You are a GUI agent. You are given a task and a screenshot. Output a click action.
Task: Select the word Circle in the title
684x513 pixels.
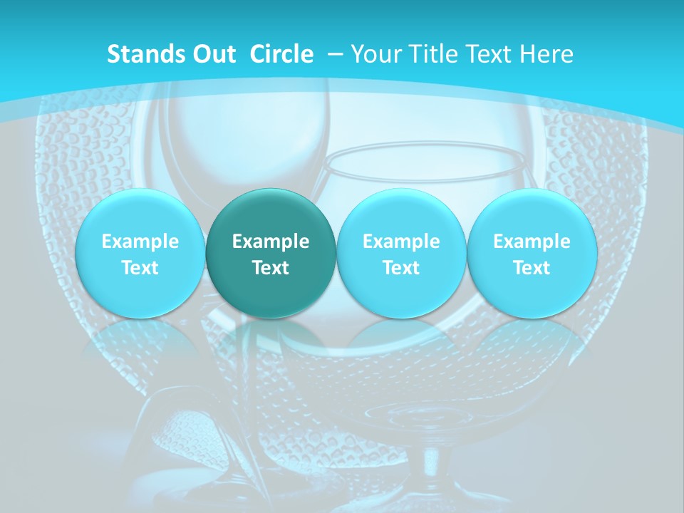281,54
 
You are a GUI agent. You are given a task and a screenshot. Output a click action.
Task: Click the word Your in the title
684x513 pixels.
376,54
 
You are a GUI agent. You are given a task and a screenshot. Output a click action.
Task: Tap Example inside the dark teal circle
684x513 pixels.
271,242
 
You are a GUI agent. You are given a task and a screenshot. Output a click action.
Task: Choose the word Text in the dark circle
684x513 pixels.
271,268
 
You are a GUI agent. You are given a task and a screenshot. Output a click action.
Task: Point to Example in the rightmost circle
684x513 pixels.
532,242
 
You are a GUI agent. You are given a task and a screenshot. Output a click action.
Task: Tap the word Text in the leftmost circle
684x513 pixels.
140,268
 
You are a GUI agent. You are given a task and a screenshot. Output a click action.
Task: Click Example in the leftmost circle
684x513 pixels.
140,242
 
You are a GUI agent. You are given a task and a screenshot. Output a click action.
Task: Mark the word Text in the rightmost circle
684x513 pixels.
532,268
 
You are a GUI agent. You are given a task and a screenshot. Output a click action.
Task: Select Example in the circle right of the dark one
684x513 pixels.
401,242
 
